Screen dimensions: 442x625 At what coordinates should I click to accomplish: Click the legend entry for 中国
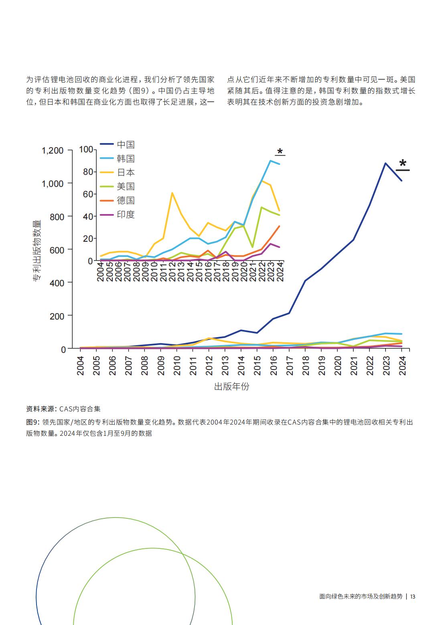pos(117,144)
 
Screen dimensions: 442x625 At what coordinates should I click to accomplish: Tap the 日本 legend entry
pos(117,172)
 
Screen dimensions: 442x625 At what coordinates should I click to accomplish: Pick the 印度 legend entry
pos(117,214)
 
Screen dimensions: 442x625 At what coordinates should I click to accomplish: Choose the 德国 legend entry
pos(117,200)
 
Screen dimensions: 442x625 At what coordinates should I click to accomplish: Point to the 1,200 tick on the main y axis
pos(53,151)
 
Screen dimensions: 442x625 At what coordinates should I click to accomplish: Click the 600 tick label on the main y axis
pos(57,250)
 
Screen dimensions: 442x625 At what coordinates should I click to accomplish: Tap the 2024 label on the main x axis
pos(402,366)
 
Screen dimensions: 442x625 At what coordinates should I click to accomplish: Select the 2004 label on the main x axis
pos(80,366)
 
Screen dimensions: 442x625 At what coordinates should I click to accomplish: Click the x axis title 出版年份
pos(231,386)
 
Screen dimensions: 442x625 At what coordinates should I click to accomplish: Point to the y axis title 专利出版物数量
pos(37,250)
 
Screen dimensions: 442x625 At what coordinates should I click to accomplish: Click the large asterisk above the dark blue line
pos(403,163)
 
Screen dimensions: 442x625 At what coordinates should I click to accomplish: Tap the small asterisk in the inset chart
pos(280,152)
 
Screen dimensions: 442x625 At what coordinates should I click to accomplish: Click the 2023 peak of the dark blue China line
pos(385,163)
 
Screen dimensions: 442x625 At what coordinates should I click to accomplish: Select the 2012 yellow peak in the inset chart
pos(172,193)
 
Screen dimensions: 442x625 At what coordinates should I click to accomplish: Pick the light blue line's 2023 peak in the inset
pos(270,161)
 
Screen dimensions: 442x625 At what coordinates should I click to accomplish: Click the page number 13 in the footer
pos(413,596)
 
